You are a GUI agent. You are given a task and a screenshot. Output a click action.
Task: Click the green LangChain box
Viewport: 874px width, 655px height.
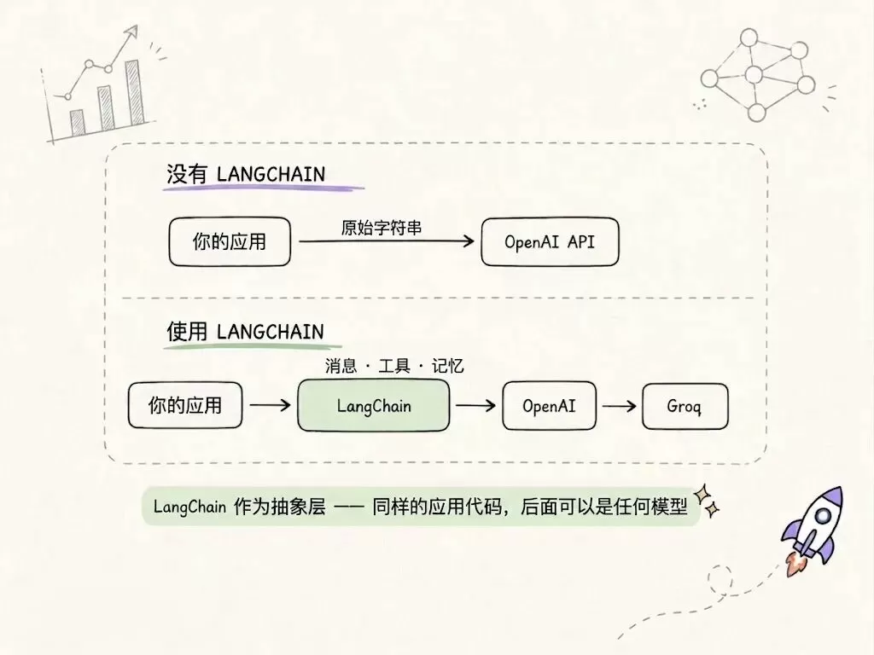coord(374,405)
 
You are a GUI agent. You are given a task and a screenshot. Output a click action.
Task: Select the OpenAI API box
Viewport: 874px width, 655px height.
coord(550,241)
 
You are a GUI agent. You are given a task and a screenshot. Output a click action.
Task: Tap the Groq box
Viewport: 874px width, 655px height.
coord(685,406)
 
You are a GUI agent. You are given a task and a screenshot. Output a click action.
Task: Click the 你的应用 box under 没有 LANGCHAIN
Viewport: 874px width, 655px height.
coord(230,241)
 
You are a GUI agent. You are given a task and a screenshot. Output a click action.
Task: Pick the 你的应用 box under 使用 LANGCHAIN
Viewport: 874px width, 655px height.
coord(185,405)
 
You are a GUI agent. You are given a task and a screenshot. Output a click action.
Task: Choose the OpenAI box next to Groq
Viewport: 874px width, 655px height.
coord(549,405)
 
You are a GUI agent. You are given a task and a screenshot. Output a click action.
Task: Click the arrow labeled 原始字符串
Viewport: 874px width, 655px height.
coord(387,241)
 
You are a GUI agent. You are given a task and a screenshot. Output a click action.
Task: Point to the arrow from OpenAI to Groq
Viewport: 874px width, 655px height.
coord(620,406)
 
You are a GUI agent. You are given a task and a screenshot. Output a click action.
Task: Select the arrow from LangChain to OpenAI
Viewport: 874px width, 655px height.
coord(475,405)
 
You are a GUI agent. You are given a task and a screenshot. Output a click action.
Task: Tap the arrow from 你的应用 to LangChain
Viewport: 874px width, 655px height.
coord(271,405)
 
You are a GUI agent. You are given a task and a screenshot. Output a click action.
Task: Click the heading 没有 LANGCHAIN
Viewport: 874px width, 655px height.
coord(246,174)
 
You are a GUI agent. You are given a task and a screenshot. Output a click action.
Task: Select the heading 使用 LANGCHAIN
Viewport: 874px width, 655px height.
coord(245,332)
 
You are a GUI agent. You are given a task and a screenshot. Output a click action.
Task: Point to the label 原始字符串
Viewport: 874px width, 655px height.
coord(382,227)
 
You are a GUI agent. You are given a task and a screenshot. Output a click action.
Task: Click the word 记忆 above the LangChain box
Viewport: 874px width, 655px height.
coord(447,366)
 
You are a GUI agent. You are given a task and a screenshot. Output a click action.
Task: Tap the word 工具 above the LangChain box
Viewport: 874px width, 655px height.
coord(394,366)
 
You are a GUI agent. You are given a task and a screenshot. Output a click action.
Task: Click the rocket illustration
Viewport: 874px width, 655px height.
coord(813,529)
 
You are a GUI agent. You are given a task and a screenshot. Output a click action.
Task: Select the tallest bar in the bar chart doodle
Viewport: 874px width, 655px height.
coord(134,92)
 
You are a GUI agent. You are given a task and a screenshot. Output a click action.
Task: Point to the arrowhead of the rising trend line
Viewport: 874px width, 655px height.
coord(131,32)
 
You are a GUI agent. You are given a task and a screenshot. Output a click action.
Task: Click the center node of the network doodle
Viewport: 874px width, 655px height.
coord(754,74)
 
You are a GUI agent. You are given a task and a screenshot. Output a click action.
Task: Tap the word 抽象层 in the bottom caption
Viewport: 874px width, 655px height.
coord(298,507)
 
